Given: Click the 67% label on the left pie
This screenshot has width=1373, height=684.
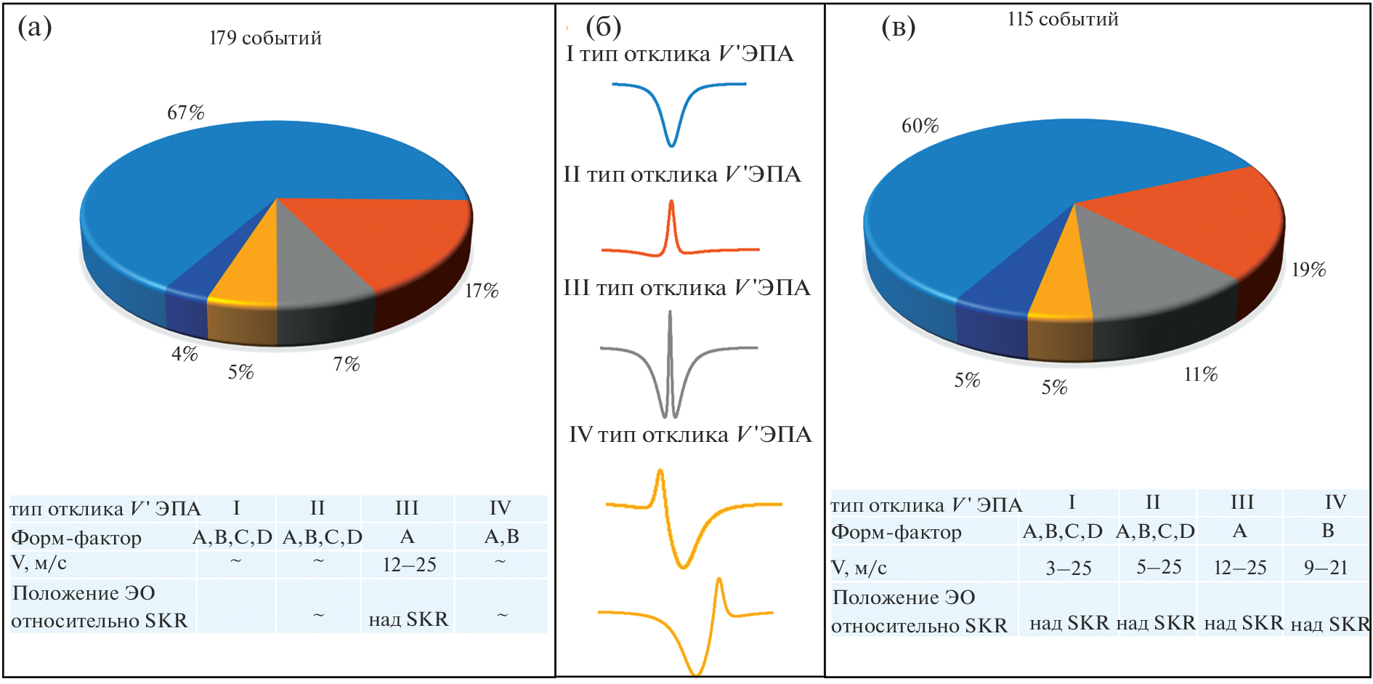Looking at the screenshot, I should (185, 113).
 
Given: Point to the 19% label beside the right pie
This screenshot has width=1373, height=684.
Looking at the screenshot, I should (1308, 270).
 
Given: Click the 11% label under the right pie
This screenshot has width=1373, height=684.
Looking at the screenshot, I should (1200, 374).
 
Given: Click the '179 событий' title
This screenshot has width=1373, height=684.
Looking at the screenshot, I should (265, 38).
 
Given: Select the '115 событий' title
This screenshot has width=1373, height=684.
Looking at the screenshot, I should (1062, 20).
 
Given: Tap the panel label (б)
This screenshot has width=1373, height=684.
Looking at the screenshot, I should (603, 27).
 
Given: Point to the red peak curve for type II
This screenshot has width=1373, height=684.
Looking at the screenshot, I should (672, 233).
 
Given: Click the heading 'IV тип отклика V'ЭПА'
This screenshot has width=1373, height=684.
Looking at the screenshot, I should (689, 435).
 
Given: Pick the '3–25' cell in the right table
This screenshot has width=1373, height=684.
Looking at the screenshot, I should (1068, 568).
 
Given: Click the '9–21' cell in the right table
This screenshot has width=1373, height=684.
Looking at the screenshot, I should (1326, 567).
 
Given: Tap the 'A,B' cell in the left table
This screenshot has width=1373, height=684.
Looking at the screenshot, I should (501, 536).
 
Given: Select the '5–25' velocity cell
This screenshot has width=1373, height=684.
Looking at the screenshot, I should (1159, 567).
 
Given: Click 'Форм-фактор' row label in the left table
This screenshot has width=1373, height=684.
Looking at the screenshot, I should (76, 538).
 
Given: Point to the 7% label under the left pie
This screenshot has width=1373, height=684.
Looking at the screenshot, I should (347, 363).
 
